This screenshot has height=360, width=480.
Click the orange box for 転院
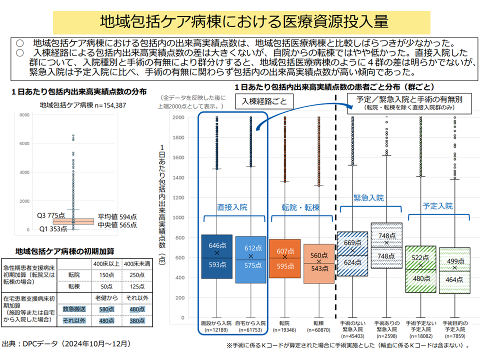[285, 255]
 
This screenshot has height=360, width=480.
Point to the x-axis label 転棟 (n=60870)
[318, 326]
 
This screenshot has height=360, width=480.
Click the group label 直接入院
[232, 206]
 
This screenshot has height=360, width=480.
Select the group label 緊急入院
[368, 198]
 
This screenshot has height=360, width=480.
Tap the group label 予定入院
[437, 206]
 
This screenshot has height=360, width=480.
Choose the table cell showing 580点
[107, 310]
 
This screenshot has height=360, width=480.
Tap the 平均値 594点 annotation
[117, 216]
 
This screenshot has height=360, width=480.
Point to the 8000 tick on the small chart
[25, 115]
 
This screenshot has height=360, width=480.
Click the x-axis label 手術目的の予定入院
[455, 326]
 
